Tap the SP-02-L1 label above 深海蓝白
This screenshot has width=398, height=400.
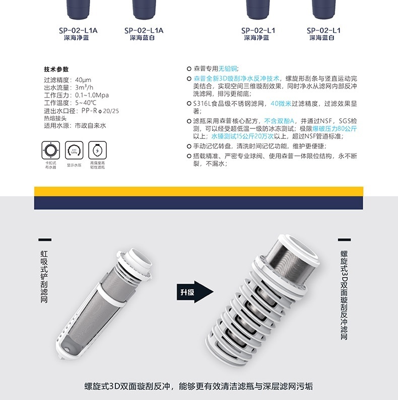click(323, 30)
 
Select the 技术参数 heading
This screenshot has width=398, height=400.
click(56, 69)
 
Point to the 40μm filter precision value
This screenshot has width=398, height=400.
click(83, 79)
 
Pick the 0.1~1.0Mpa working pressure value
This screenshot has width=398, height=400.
click(92, 95)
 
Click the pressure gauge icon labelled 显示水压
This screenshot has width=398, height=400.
click(74, 150)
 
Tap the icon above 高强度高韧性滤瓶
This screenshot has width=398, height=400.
click(97, 150)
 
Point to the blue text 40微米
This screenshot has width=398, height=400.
click(281, 103)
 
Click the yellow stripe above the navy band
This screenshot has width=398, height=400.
click(198, 191)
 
